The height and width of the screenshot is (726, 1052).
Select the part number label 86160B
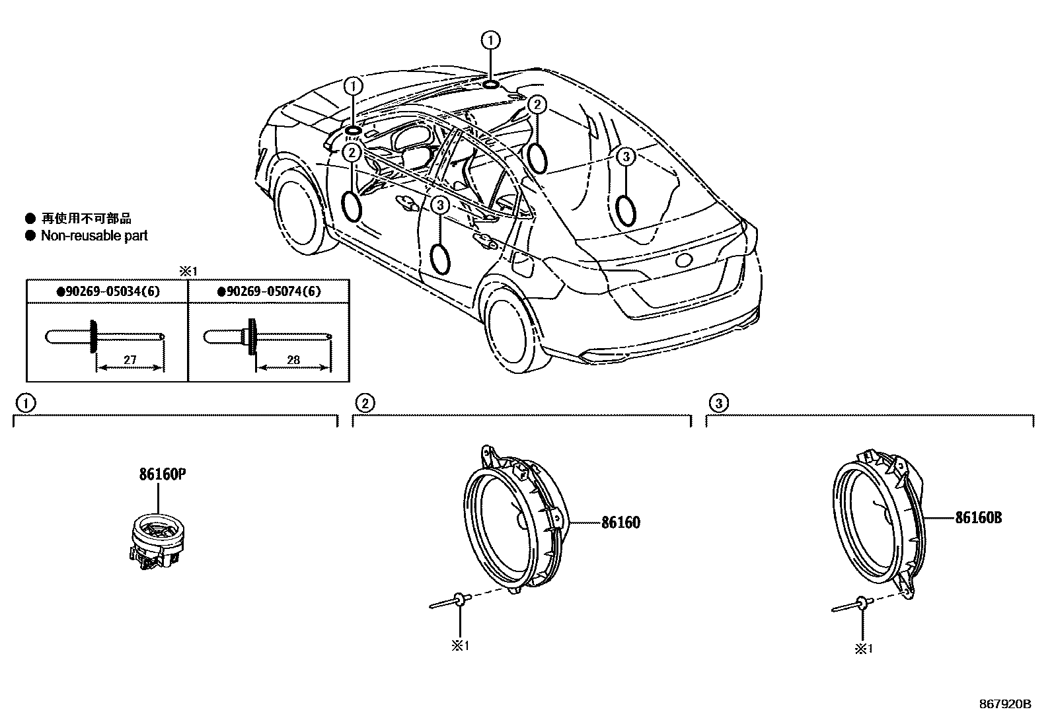pyautogui.click(x=978, y=518)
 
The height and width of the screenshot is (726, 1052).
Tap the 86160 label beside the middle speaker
pyautogui.click(x=620, y=523)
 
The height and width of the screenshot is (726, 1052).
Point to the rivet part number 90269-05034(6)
pyautogui.click(x=107, y=291)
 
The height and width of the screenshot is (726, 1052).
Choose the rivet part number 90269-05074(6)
pyautogui.click(x=268, y=291)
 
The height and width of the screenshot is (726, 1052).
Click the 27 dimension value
pyautogui.click(x=130, y=360)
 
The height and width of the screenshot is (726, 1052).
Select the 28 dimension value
pyautogui.click(x=293, y=360)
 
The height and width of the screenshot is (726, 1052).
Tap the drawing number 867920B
pyautogui.click(x=1004, y=704)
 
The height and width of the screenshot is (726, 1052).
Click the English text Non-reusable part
pyautogui.click(x=94, y=236)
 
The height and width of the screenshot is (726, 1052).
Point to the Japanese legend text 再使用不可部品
pyautogui.click(x=86, y=219)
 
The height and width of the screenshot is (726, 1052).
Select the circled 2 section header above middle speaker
pyautogui.click(x=365, y=402)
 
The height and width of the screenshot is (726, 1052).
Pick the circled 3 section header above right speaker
pyautogui.click(x=718, y=402)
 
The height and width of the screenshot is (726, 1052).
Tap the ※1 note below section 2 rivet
pyautogui.click(x=460, y=645)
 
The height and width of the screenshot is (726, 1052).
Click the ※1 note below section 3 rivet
pyautogui.click(x=864, y=649)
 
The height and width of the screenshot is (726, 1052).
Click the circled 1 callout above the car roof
pyautogui.click(x=490, y=41)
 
